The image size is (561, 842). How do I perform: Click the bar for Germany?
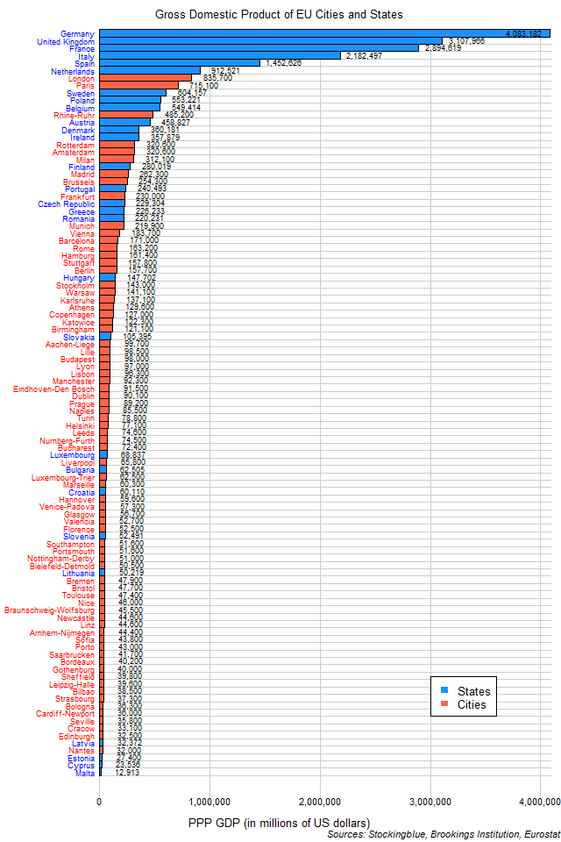tap(324, 33)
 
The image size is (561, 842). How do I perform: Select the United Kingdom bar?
tap(271, 41)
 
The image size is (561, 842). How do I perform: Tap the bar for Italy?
tap(219, 55)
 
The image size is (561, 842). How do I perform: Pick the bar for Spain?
tap(180, 63)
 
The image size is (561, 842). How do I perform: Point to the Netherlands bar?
tap(150, 70)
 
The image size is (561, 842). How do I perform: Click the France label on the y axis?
tap(82, 48)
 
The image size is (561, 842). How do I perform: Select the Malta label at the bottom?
tap(85, 773)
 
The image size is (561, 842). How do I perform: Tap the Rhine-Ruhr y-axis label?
tap(73, 115)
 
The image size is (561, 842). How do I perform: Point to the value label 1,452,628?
tap(287, 63)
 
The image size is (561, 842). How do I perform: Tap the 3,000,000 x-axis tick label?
tap(429, 800)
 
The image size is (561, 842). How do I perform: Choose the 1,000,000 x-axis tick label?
tap(209, 800)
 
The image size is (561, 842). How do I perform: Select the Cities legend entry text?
tap(472, 704)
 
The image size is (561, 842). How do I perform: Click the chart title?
tap(280, 15)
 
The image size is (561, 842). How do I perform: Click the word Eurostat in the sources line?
tap(538, 835)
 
